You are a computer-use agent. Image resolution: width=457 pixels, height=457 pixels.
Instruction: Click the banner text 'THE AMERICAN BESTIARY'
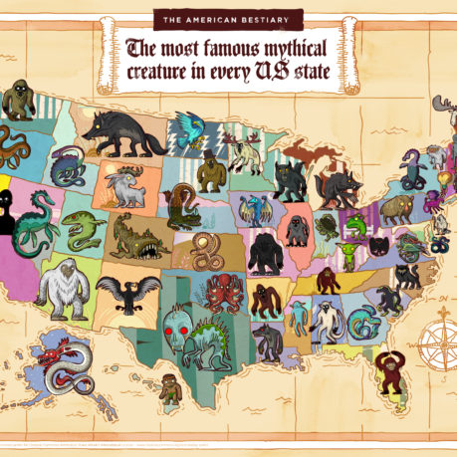(x=228, y=18)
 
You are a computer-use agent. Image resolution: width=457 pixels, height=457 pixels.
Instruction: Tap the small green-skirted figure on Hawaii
(x=171, y=389)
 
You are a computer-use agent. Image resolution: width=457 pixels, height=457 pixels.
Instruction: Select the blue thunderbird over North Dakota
(x=188, y=130)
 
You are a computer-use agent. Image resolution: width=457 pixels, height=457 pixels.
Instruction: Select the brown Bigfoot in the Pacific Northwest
(x=17, y=101)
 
